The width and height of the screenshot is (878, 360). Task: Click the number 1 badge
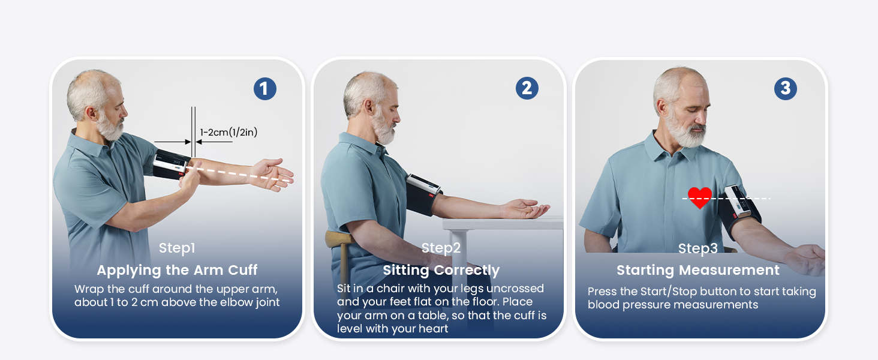tap(265, 89)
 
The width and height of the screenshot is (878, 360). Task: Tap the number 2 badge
tap(527, 88)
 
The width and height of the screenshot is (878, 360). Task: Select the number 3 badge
tap(786, 88)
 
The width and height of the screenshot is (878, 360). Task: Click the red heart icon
tap(700, 198)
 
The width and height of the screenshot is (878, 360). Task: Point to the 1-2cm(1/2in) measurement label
tap(228, 132)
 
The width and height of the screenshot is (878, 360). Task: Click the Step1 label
tap(177, 248)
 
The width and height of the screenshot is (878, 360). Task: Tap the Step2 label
tap(441, 248)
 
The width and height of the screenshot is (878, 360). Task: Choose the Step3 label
tap(697, 248)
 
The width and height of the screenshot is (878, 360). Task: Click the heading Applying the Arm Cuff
tap(177, 270)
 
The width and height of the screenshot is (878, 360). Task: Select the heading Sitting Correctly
tap(441, 270)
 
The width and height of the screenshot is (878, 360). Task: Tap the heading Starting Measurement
tap(697, 270)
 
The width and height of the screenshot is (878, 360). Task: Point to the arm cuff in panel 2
tap(423, 195)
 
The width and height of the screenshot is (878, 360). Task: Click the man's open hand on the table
tap(527, 209)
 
